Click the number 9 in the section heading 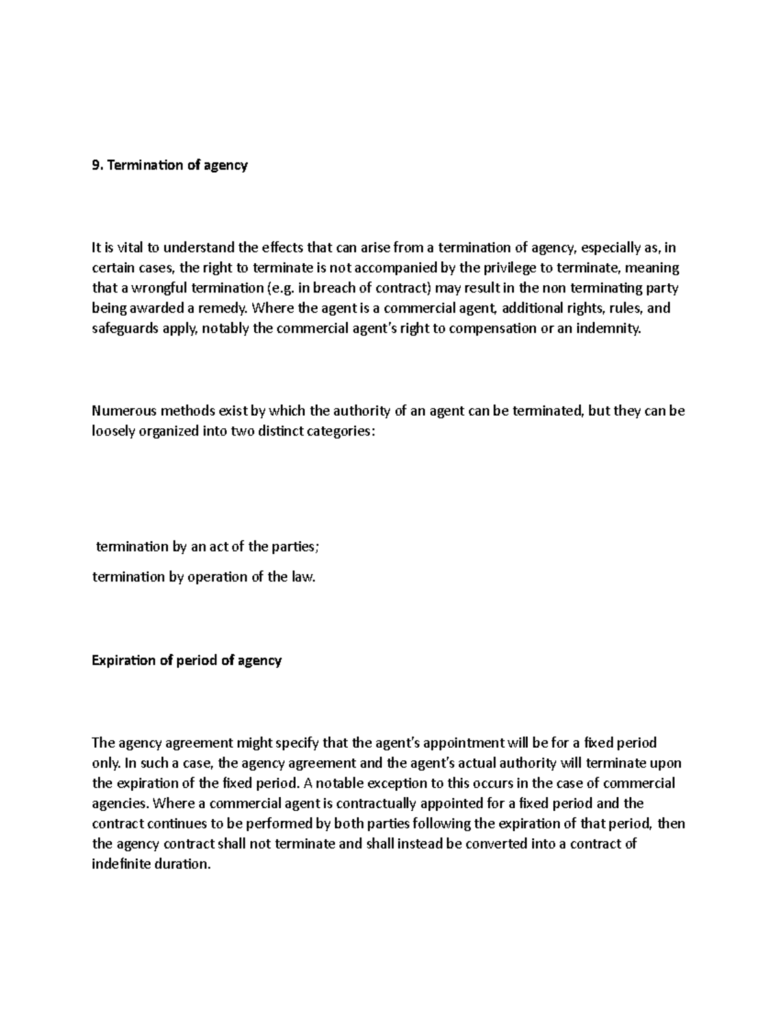[96, 166]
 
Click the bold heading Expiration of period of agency [187, 661]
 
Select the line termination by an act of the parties [207, 546]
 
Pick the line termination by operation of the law [203, 577]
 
